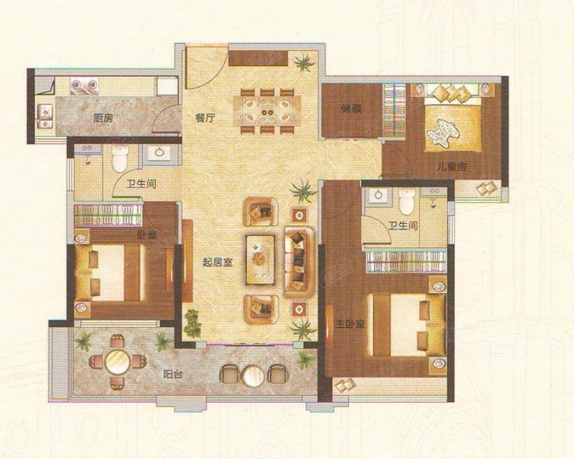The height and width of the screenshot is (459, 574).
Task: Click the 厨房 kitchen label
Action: coord(103,118)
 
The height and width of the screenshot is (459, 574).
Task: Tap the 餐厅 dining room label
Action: coord(205,118)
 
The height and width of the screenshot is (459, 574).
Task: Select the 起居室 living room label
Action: coord(218,262)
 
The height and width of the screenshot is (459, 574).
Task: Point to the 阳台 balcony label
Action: coord(173,374)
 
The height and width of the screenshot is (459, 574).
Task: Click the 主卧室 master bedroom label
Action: coord(350,324)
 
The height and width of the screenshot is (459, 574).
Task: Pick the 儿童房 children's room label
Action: coord(452,167)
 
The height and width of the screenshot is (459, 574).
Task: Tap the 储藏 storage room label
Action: coord(351,108)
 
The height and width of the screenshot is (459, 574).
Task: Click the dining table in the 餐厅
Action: coord(267,110)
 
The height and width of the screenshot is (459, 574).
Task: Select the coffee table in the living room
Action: coord(260,260)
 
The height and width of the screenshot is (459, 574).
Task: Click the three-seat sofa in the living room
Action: coord(300,262)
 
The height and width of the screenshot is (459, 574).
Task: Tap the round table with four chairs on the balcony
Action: coord(117,361)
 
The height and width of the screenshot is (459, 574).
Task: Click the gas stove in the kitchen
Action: coord(84,85)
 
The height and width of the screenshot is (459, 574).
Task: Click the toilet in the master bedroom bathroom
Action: coord(405,202)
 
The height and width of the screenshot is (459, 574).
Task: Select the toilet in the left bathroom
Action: coord(119,159)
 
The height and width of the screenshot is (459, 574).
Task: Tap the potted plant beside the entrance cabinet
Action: coord(304,62)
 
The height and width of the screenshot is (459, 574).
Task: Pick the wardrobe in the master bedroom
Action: coord(406,261)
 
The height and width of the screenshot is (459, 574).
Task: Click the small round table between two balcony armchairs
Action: coord(253,376)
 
